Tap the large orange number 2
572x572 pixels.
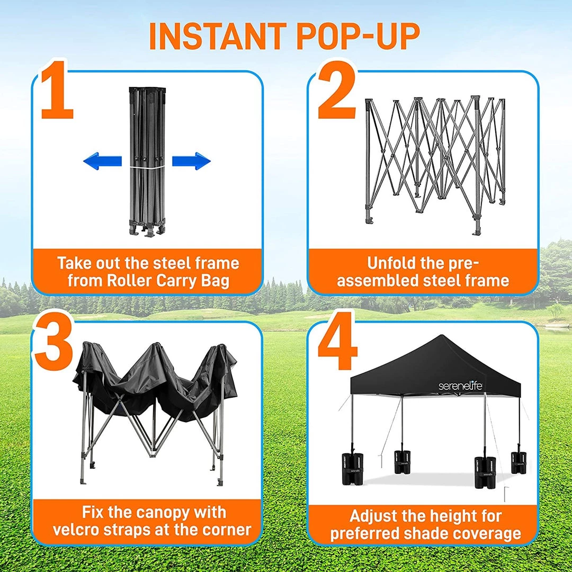click(x=337, y=90)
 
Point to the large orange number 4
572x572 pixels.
click(x=337, y=341)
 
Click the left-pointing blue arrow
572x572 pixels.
click(x=102, y=161)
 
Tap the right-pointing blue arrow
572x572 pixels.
click(x=191, y=161)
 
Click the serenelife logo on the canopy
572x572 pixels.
click(x=460, y=386)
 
